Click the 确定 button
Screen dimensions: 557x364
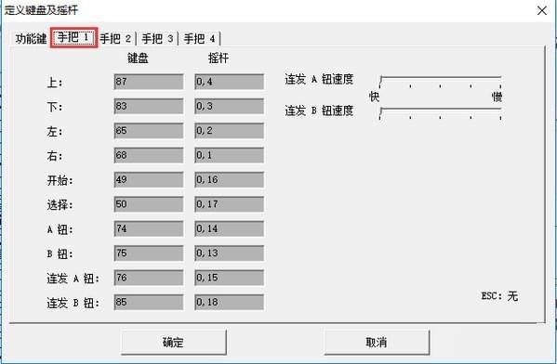click(173, 342)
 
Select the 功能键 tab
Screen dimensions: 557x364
click(30, 39)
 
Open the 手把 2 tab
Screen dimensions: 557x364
click(116, 39)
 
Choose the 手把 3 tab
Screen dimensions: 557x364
click(158, 39)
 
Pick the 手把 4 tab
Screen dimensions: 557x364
click(200, 39)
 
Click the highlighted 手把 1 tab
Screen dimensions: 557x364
click(74, 38)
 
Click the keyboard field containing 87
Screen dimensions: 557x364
click(148, 82)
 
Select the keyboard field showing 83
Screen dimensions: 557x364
click(148, 106)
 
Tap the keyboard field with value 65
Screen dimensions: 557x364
click(148, 131)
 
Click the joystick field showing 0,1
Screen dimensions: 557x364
click(229, 155)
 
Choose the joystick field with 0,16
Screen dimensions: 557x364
click(229, 179)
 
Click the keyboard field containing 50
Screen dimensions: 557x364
click(148, 204)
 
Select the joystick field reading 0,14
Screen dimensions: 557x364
click(229, 228)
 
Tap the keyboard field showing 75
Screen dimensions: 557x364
click(148, 253)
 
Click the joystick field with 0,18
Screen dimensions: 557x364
click(229, 302)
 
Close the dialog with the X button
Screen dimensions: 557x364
click(539, 9)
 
